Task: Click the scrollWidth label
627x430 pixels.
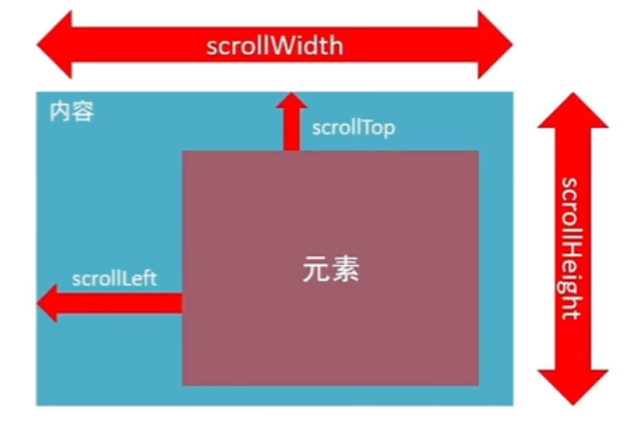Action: pyautogui.click(x=275, y=46)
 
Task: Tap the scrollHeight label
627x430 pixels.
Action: pyautogui.click(x=570, y=249)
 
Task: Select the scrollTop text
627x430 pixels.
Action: pyautogui.click(x=353, y=128)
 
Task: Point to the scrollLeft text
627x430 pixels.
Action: pyautogui.click(x=115, y=278)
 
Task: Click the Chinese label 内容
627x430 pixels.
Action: pyautogui.click(x=72, y=111)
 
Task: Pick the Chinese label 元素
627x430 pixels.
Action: pyautogui.click(x=330, y=269)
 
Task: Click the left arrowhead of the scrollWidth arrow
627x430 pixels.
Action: pyautogui.click(x=55, y=45)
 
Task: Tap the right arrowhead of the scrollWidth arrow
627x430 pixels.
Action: pyautogui.click(x=495, y=45)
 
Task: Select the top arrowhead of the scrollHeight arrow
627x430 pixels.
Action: pyautogui.click(x=572, y=110)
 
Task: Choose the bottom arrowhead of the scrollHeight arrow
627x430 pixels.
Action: pyautogui.click(x=572, y=387)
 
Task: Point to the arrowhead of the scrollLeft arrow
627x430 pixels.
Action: pyautogui.click(x=47, y=303)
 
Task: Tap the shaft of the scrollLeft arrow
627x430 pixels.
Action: pyautogui.click(x=120, y=303)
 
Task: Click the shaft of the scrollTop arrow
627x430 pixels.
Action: pyautogui.click(x=291, y=129)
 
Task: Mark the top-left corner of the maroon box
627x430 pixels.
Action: pyautogui.click(x=183, y=151)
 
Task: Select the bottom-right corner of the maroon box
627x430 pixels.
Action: pyautogui.click(x=479, y=385)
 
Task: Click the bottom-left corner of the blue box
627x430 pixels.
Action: pyautogui.click(x=36, y=405)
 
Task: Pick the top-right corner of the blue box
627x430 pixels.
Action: pyautogui.click(x=513, y=92)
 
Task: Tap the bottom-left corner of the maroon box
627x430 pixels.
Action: pyautogui.click(x=183, y=385)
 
